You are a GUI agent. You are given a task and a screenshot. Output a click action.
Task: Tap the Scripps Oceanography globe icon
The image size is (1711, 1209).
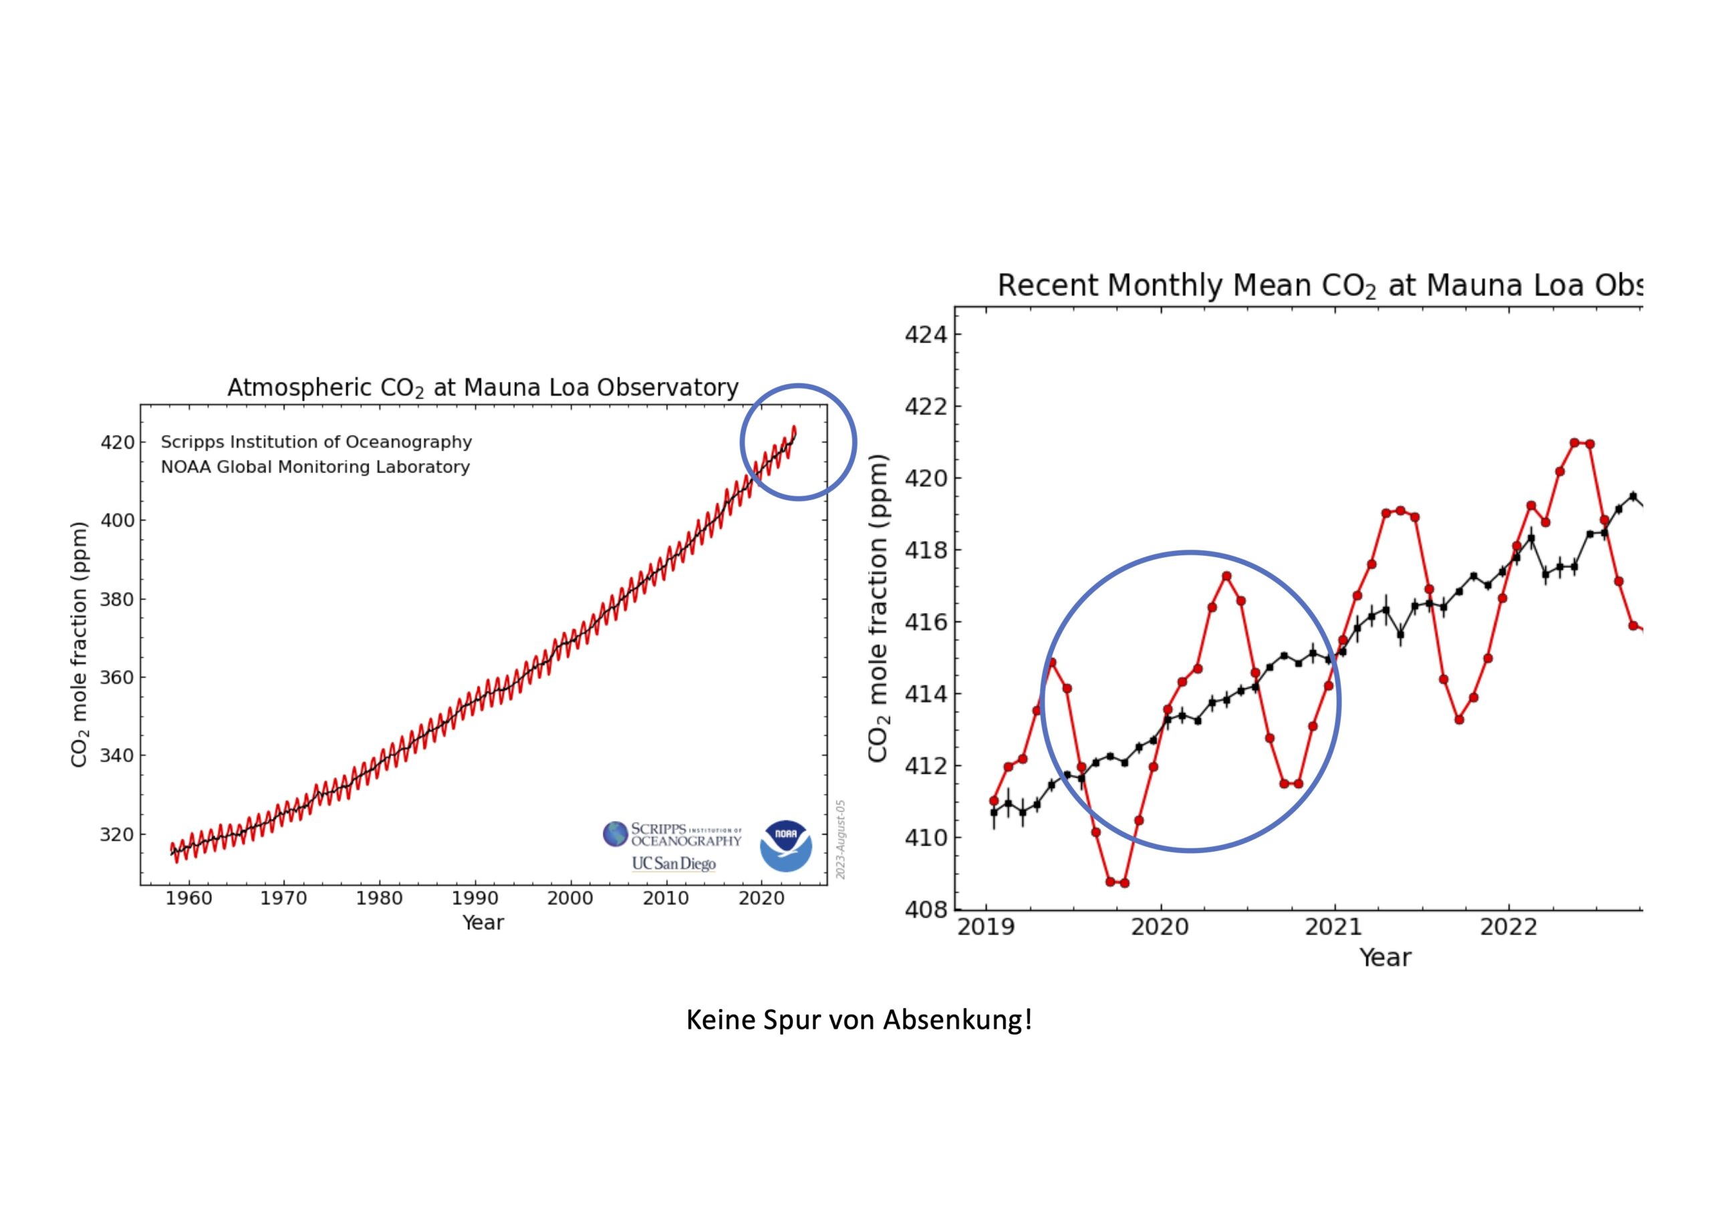pyautogui.click(x=616, y=834)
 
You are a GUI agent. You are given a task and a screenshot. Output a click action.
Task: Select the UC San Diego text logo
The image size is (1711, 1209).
pyautogui.click(x=673, y=864)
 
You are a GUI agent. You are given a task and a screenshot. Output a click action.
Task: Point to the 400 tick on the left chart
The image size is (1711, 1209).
pyautogui.click(x=118, y=520)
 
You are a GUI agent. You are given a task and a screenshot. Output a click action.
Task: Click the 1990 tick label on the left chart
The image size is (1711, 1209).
pyautogui.click(x=475, y=898)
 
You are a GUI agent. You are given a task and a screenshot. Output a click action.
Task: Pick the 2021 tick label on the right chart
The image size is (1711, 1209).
pyautogui.click(x=1334, y=927)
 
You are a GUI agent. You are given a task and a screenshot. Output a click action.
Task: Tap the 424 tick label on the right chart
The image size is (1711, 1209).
pyautogui.click(x=926, y=335)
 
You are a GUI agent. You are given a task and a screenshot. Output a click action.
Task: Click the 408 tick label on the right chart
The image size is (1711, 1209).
pyautogui.click(x=926, y=910)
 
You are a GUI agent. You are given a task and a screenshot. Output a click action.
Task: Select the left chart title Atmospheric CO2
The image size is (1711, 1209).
pyautogui.click(x=483, y=388)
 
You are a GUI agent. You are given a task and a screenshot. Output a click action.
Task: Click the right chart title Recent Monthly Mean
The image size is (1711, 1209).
pyautogui.click(x=1319, y=286)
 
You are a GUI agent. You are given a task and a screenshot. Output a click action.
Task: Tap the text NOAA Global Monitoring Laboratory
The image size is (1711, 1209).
pyautogui.click(x=315, y=467)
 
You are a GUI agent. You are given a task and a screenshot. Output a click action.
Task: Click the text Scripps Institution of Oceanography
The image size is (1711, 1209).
pyautogui.click(x=316, y=442)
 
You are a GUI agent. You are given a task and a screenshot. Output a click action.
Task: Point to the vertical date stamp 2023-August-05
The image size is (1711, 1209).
pyautogui.click(x=841, y=840)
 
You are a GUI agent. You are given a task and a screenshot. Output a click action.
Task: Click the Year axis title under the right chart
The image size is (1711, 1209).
pyautogui.click(x=1385, y=957)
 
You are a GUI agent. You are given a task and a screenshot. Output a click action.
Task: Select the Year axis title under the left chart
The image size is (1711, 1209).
pyautogui.click(x=483, y=922)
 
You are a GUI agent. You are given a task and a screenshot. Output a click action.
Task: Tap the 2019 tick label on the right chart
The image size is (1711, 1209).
pyautogui.click(x=986, y=927)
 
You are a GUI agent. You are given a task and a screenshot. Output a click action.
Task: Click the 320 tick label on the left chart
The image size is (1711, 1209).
pyautogui.click(x=118, y=834)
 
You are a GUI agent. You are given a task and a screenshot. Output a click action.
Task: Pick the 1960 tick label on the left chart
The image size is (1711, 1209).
pyautogui.click(x=188, y=898)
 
